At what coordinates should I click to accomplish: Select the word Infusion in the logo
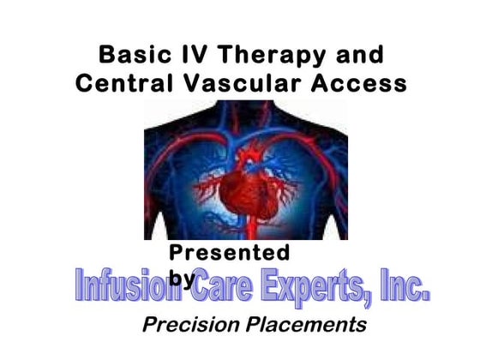(130, 286)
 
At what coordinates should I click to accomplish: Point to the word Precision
(185, 325)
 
